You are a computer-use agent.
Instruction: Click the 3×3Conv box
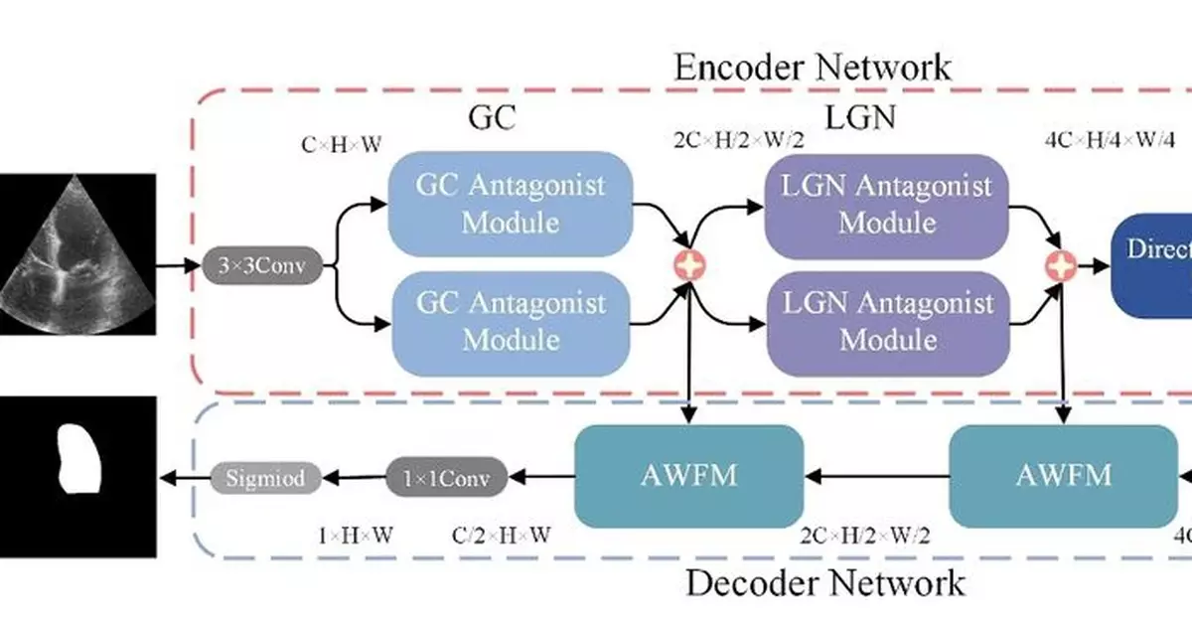(263, 266)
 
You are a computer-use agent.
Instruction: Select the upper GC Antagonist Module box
(511, 204)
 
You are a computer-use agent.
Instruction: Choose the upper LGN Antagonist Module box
(886, 204)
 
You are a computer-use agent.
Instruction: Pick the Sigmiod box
(264, 478)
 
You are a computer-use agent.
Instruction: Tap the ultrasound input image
(77, 253)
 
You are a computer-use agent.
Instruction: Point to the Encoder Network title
(812, 68)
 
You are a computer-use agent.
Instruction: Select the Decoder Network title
(824, 581)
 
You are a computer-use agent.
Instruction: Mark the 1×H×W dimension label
(356, 536)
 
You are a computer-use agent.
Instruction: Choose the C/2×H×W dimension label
(502, 536)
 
